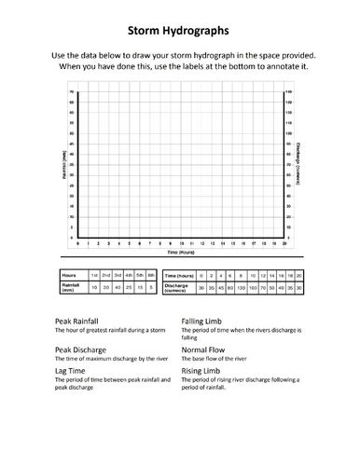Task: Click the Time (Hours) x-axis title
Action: point(180,252)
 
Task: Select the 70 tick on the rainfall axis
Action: point(72,92)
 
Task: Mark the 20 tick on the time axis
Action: point(283,243)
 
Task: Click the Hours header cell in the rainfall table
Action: point(69,276)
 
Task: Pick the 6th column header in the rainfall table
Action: point(148,276)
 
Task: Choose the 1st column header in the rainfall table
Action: point(93,276)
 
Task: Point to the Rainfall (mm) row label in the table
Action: point(69,289)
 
